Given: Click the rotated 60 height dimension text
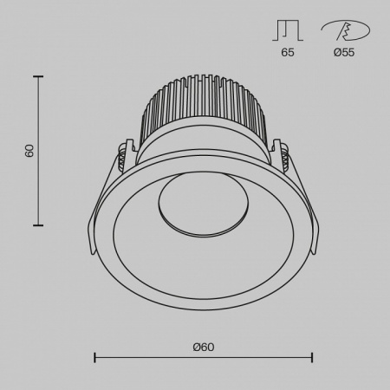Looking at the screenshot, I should pos(29,151).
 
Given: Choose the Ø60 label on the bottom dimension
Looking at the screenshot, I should pos(204,347).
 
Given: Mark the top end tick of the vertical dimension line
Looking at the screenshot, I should pos(38,76).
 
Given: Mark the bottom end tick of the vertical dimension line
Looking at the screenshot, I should pos(38,225).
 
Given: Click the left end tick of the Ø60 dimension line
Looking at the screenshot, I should pos(94,357).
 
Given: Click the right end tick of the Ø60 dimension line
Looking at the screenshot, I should pos(312,357).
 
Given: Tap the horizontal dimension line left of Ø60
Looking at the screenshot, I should pos(139,357).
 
